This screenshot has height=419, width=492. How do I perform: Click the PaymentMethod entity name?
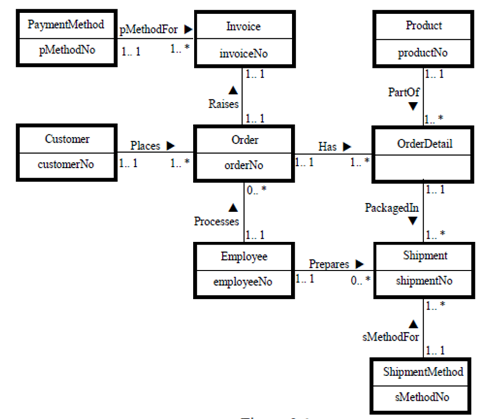pos(66,24)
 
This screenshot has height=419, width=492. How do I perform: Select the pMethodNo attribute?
pos(66,52)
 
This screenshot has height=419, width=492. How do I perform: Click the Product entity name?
pos(424,25)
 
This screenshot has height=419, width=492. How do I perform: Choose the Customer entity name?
pos(67,139)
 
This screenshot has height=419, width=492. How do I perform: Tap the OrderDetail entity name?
pos(424,143)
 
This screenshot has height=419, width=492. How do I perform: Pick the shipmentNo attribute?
pos(424,281)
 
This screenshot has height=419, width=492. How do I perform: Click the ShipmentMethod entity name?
pos(423,372)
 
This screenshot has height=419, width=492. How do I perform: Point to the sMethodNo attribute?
pos(423,397)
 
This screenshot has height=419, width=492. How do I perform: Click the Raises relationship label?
pos(223,104)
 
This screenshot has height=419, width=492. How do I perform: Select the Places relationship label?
pos(145,146)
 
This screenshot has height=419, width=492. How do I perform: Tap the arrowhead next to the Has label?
pos(347,146)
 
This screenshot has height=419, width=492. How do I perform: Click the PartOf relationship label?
pos(404,92)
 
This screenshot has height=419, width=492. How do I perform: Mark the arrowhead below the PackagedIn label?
pos(413,221)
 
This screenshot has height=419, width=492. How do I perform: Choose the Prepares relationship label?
pos(329,263)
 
